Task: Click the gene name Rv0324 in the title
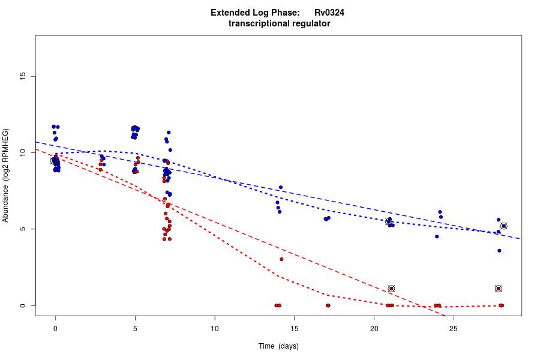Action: coord(329,13)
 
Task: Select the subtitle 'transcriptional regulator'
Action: coord(279,24)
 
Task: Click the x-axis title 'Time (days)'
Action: coord(278,346)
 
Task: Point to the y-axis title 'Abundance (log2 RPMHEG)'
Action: coord(6,175)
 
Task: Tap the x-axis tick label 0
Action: coord(55,329)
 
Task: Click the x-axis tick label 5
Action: coord(135,329)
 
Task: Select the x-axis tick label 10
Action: coord(215,329)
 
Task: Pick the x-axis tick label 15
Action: coord(294,329)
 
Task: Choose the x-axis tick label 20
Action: coord(374,329)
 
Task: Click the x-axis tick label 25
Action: coord(454,329)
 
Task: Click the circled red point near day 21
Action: coord(391,289)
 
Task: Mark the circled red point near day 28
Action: coord(499,289)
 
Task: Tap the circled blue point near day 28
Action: coord(504,226)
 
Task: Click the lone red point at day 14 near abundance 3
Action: coord(281,259)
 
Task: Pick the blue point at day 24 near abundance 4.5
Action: coord(437,236)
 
